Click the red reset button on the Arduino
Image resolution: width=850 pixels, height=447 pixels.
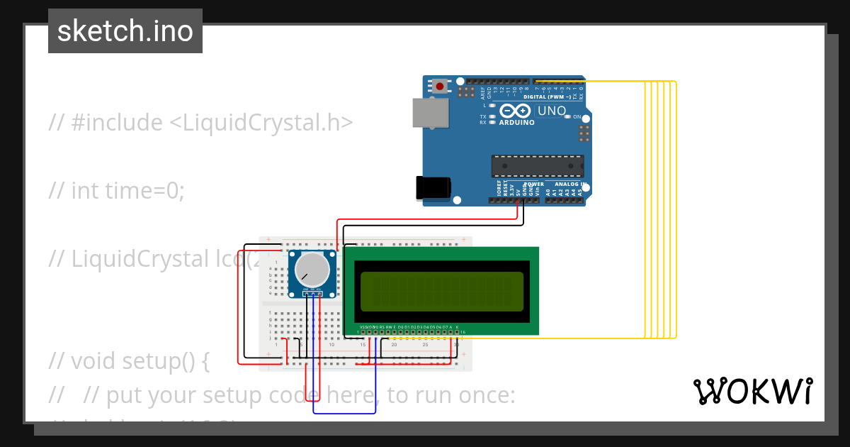click(440, 87)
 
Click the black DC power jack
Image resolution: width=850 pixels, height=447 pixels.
click(433, 187)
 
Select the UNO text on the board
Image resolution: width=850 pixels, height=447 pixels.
click(552, 111)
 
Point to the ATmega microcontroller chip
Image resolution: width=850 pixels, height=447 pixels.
click(538, 166)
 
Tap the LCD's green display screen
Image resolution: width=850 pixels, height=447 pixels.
click(441, 291)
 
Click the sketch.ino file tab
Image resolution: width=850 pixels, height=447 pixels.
click(125, 31)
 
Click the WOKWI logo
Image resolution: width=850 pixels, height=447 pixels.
click(752, 391)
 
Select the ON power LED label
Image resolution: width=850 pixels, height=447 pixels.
click(577, 116)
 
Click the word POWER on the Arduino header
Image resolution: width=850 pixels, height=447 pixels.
click(533, 184)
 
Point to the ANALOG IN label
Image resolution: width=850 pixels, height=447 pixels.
click(571, 184)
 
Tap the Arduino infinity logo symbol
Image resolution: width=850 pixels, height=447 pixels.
click(514, 111)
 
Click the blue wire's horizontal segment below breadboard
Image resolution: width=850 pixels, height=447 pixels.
click(344, 413)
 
